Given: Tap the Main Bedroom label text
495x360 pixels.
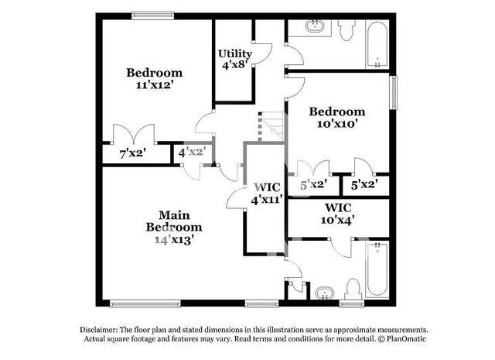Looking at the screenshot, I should pos(174,221).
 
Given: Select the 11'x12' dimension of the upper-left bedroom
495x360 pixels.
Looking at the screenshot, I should pos(155,86).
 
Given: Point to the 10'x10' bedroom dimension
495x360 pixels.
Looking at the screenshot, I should pos(336,123).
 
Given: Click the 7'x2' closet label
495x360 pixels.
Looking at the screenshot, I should pos(132,154).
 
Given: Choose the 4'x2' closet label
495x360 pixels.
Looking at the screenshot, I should pos(191,153).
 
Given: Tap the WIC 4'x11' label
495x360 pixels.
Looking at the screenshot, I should pos(266,193).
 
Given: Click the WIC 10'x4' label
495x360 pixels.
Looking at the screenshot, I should pos(338,214).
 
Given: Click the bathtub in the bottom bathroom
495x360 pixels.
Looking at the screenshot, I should pos(377,268).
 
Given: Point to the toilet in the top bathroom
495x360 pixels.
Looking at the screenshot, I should pos(346,29).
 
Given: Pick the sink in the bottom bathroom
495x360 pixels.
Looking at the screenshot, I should pos(323,293).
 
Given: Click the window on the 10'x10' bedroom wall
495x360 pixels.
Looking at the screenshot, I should pos(394,92).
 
